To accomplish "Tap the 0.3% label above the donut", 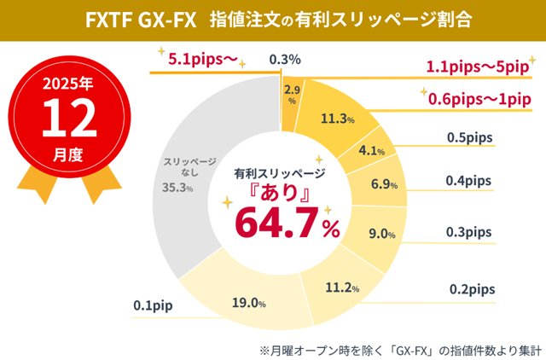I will click(x=283, y=59).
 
